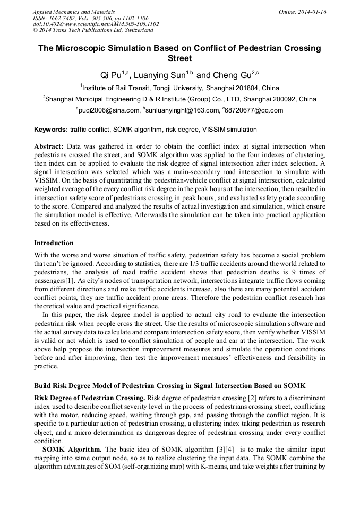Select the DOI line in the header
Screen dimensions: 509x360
96,24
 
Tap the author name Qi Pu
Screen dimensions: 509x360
111,75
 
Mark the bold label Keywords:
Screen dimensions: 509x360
51,129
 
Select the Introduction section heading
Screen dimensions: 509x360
54,243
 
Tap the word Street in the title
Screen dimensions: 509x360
179,58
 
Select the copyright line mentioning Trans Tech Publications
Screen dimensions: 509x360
93,30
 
